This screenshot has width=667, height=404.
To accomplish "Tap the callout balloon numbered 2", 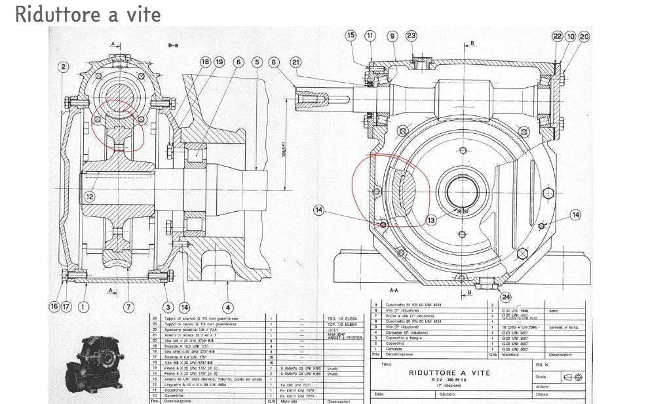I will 63,67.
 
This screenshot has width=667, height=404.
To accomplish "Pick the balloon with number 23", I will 411,36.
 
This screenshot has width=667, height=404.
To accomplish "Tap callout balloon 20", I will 584,37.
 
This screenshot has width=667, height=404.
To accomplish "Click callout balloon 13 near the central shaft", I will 431,220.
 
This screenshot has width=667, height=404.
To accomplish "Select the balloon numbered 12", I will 90,195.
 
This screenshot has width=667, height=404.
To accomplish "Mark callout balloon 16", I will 54,306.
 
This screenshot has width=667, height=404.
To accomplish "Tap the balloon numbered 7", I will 128,306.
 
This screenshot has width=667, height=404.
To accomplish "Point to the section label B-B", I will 173,45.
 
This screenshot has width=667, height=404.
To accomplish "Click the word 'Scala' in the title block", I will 540,377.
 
